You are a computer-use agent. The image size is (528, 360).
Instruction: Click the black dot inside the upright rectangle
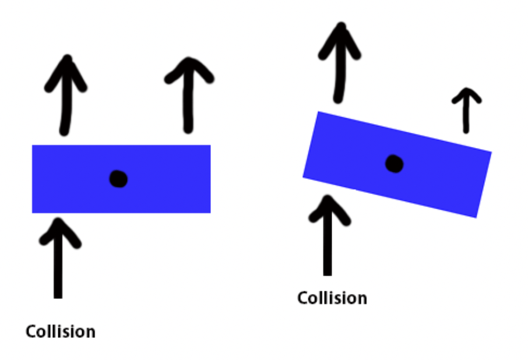(x=118, y=179)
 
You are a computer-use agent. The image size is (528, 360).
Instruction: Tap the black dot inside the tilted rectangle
(x=395, y=164)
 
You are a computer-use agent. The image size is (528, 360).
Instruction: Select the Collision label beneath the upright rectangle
(x=60, y=331)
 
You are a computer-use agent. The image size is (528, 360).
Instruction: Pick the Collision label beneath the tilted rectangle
(x=332, y=298)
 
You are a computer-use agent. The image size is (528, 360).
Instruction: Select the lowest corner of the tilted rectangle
(x=476, y=217)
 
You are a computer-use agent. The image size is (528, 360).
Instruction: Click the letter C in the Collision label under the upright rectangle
(x=31, y=331)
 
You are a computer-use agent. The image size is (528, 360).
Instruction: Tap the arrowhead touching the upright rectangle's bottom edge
(x=58, y=224)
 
